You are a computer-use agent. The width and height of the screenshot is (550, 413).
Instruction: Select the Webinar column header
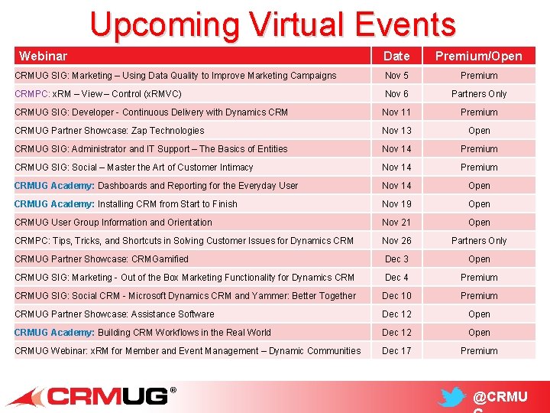click(x=43, y=56)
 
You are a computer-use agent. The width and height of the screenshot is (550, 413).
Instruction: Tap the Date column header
click(x=396, y=56)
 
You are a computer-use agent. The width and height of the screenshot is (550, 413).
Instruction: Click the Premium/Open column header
click(x=479, y=56)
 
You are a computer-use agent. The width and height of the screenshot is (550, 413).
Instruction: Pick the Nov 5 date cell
click(x=396, y=76)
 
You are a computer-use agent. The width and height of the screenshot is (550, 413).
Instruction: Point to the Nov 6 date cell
click(x=396, y=94)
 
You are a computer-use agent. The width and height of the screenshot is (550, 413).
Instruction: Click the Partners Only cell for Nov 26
click(x=479, y=241)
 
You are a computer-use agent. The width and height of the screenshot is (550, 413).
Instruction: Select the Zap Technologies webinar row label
click(x=109, y=131)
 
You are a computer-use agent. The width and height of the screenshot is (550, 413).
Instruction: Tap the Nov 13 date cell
click(x=396, y=131)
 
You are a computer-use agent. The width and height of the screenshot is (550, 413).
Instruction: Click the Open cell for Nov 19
click(x=479, y=204)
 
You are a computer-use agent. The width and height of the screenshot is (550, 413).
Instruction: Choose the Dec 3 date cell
click(x=396, y=259)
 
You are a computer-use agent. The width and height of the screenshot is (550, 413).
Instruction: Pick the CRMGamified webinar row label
click(x=101, y=259)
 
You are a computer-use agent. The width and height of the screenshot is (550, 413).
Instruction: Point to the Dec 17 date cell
click(x=396, y=351)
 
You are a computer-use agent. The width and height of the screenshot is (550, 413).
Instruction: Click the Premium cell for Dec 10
click(x=479, y=296)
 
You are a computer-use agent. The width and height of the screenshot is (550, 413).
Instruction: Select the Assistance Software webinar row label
click(x=115, y=314)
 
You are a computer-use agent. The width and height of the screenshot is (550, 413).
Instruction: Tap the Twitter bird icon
click(x=452, y=398)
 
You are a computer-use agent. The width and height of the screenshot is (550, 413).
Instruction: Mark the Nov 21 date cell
click(x=396, y=223)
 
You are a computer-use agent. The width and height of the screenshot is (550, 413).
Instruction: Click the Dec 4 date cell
click(x=396, y=278)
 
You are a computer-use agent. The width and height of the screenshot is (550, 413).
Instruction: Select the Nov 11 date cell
click(x=396, y=112)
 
